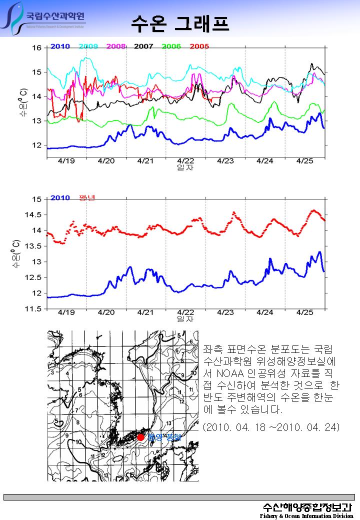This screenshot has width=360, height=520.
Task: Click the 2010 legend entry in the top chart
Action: tap(60, 46)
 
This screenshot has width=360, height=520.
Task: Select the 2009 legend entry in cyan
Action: tap(88, 46)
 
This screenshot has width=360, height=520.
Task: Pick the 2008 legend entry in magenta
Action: tap(116, 46)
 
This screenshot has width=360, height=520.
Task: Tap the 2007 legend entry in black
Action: tap(143, 46)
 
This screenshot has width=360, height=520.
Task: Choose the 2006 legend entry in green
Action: tap(171, 46)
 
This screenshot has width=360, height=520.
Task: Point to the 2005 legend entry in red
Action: tap(199, 46)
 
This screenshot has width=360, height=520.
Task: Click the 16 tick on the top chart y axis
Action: tap(37, 48)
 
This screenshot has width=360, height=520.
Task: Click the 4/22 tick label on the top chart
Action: tap(185, 161)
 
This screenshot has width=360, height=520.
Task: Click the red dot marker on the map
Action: tap(140, 437)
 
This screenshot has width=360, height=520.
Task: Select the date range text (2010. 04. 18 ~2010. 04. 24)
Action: tap(272, 427)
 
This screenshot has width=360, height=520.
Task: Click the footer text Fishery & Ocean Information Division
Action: tap(306, 515)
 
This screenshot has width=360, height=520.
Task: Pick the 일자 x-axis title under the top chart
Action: tap(185, 167)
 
